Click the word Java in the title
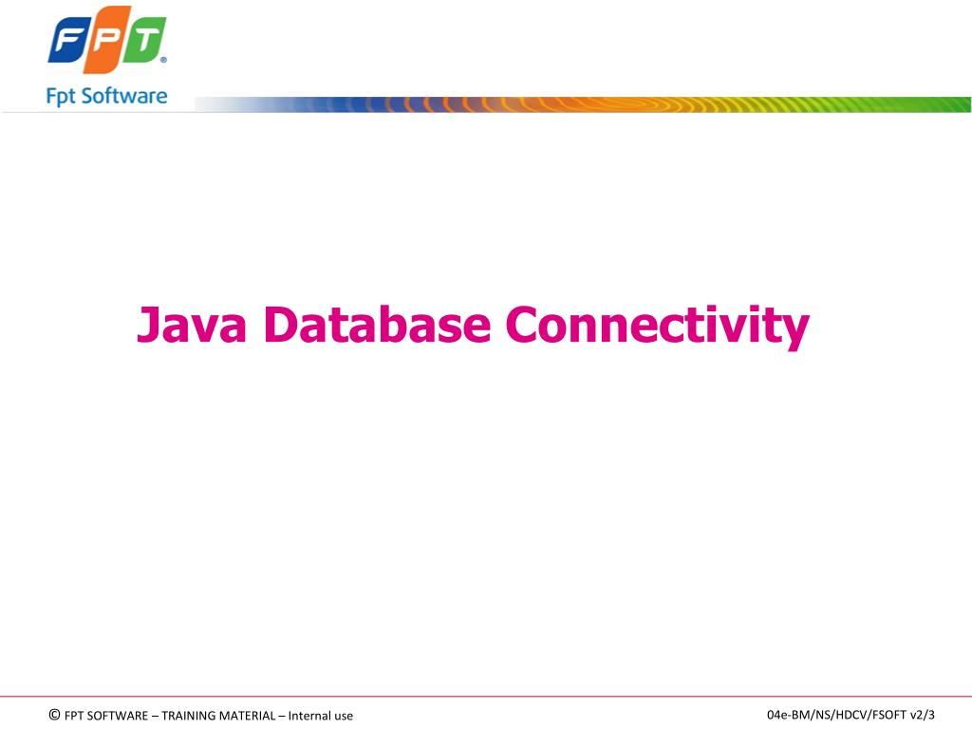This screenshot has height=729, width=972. pos(192,325)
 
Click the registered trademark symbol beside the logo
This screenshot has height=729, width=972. pos(163,60)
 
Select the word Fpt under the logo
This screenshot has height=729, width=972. pos(63,96)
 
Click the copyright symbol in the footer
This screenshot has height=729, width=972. pos(54,715)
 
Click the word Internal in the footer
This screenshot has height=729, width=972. pos(308,716)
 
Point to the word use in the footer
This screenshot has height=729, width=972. pos(343,716)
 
